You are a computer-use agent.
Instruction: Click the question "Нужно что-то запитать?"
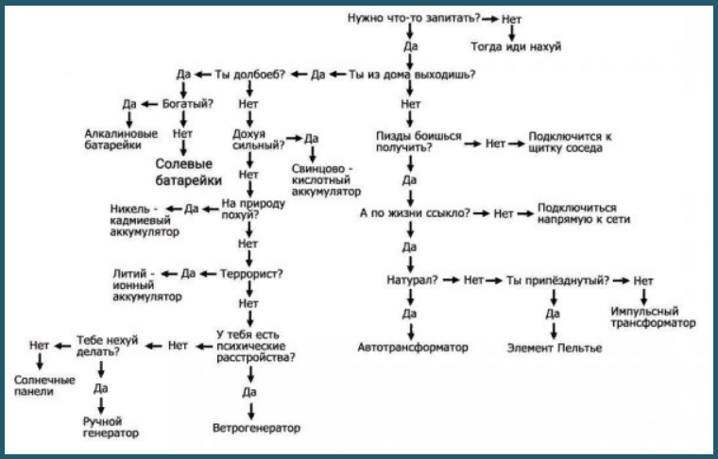(x=414, y=18)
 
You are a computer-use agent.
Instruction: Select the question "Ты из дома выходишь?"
(x=412, y=74)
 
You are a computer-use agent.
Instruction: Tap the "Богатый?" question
(x=188, y=104)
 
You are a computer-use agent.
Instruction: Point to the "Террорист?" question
(x=251, y=274)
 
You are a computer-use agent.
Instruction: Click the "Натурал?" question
(x=412, y=280)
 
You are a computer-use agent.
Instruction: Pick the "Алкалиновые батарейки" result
(x=121, y=139)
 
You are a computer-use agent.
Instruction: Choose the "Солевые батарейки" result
(x=189, y=172)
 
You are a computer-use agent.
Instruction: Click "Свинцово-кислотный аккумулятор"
(x=326, y=179)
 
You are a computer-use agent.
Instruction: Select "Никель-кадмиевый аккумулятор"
(x=145, y=220)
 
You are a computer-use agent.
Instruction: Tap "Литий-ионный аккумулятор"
(x=147, y=285)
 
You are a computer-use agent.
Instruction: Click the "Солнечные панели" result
(x=44, y=385)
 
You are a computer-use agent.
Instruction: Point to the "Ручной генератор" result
(x=111, y=427)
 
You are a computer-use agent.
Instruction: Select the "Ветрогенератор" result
(x=256, y=428)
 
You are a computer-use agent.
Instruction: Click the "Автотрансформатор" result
(x=413, y=348)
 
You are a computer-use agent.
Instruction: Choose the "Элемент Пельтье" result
(x=554, y=348)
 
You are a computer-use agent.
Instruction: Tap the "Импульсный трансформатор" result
(x=653, y=317)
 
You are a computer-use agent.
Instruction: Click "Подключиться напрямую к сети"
(x=584, y=213)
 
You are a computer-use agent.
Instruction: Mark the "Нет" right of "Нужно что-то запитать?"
(x=511, y=19)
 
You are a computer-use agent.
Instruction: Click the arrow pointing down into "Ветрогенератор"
(x=250, y=411)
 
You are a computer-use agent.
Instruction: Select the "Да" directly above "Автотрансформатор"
(x=409, y=314)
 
